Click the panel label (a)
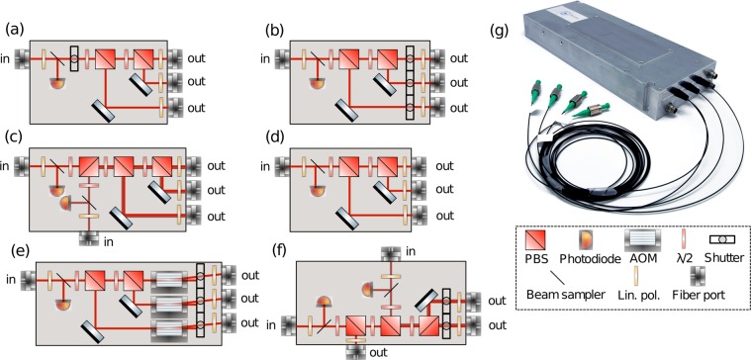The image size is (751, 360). (x=14, y=28)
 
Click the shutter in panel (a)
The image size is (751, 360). (x=80, y=59)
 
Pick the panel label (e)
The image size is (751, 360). (x=14, y=254)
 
